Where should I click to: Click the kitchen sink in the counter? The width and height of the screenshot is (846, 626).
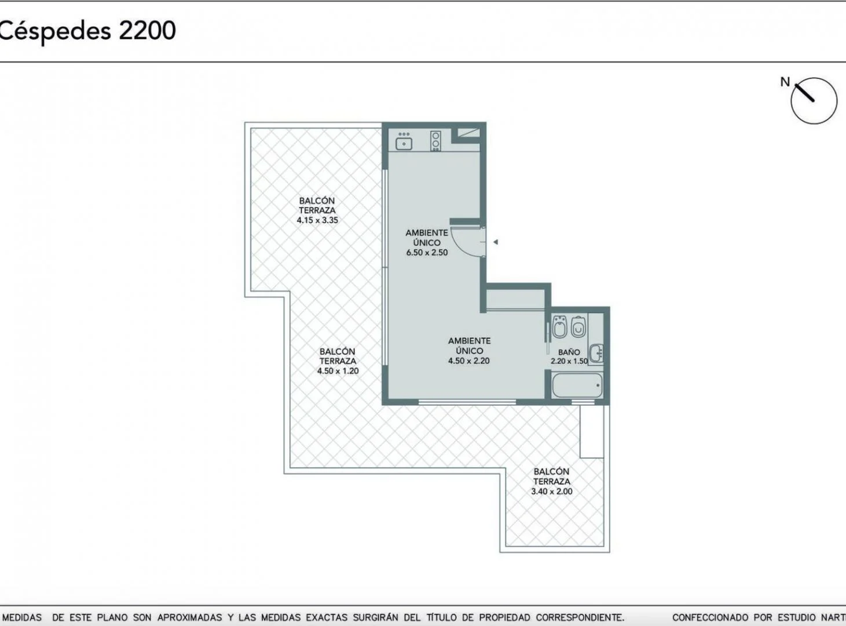(404, 144)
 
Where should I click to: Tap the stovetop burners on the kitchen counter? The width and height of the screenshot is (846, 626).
(435, 140)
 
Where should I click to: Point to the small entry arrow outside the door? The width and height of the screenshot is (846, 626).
(496, 242)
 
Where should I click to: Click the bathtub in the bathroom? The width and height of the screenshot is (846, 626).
(577, 385)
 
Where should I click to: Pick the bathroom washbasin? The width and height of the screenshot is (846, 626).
(596, 353)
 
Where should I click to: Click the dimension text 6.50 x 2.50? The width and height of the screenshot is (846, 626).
(427, 253)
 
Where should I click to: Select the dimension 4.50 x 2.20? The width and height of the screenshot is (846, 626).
(469, 361)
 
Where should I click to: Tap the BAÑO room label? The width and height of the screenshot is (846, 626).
(569, 352)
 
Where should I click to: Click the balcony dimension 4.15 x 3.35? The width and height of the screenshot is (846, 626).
(317, 220)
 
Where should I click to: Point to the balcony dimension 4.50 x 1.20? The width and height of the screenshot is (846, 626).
(338, 371)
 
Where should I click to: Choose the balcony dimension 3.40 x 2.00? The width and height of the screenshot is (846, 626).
(551, 491)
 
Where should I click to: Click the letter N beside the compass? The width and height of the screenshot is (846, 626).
(785, 82)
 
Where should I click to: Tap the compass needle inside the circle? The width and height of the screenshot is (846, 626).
(805, 92)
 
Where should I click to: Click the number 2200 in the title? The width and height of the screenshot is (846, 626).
(147, 31)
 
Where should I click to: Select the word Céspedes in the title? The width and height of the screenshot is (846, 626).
(56, 31)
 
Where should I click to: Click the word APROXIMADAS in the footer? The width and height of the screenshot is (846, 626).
(189, 617)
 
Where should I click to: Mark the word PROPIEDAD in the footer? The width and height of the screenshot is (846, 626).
(504, 617)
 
